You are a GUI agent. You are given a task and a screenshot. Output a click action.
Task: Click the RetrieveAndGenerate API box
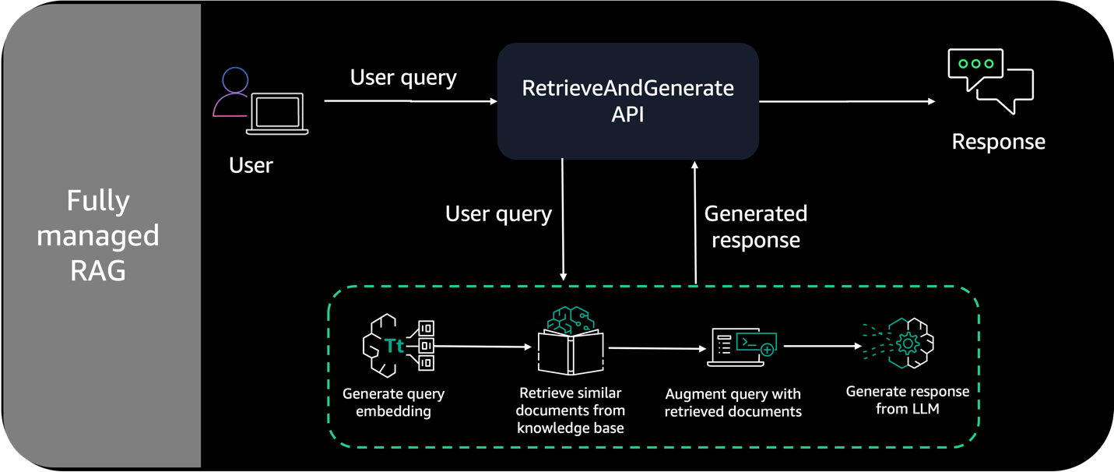click(x=627, y=100)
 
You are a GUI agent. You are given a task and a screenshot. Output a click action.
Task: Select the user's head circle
click(x=235, y=80)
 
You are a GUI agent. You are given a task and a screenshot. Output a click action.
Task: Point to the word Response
click(x=998, y=142)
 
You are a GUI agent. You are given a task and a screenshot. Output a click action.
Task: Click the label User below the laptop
click(x=251, y=165)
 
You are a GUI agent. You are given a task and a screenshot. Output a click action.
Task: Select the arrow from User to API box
click(x=410, y=101)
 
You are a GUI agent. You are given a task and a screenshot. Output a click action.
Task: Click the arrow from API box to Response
click(x=846, y=101)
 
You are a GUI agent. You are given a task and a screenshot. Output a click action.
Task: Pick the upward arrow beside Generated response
click(x=695, y=222)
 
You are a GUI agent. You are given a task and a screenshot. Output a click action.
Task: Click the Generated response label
click(x=755, y=227)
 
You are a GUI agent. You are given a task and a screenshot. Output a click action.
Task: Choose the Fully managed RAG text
click(x=98, y=235)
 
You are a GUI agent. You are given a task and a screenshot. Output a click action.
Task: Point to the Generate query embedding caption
click(x=393, y=402)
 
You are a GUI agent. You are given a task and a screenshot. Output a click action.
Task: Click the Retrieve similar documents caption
click(x=571, y=410)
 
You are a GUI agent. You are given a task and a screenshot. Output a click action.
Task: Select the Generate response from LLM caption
click(x=907, y=400)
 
